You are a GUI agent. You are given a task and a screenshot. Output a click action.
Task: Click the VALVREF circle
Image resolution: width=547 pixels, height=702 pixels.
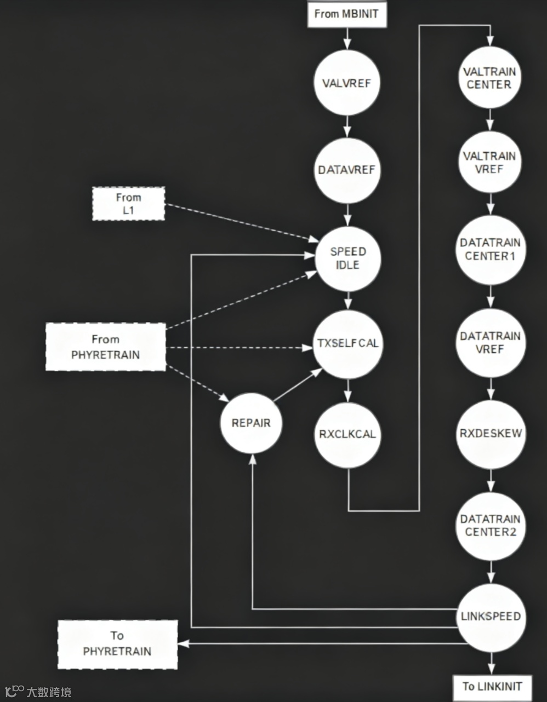[346, 83]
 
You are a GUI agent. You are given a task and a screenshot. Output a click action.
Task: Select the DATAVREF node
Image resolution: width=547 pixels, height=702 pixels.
[346, 170]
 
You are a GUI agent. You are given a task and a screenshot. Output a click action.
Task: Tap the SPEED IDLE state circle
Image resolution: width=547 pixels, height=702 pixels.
[347, 258]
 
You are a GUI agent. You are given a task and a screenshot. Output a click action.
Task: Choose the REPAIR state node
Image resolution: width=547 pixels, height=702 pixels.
[251, 423]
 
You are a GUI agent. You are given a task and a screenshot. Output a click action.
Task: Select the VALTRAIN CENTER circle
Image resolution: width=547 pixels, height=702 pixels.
[489, 78]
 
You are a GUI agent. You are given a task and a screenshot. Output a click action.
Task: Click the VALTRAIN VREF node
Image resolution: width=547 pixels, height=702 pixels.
[489, 162]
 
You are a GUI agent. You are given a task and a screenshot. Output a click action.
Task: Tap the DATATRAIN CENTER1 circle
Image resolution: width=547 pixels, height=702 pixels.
[490, 249]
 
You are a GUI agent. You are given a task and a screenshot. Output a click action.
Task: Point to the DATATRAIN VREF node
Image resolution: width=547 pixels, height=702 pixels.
[490, 342]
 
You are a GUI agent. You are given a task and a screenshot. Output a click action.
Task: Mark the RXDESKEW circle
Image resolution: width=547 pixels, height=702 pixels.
[491, 433]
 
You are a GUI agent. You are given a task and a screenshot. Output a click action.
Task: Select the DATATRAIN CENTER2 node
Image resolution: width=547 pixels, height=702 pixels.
[491, 526]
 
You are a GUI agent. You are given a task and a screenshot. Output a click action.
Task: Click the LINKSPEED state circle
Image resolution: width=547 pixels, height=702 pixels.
[491, 617]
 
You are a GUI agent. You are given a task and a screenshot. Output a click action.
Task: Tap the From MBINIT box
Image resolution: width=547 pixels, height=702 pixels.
[346, 14]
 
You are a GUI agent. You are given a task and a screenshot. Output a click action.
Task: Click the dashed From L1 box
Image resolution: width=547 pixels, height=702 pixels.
[128, 204]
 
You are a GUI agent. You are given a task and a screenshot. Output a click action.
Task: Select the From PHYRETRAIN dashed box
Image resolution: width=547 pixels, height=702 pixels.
[106, 347]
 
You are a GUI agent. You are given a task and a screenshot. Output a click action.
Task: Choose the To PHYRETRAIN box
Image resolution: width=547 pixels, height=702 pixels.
[117, 644]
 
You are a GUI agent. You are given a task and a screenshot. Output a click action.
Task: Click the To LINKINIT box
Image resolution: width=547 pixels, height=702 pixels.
[492, 686]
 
